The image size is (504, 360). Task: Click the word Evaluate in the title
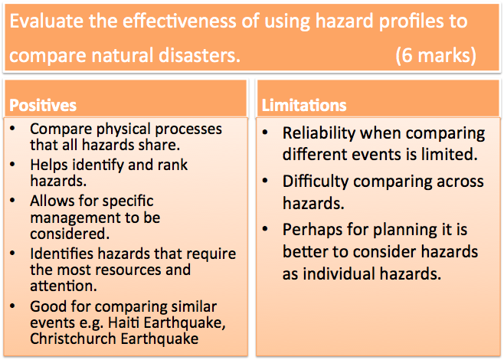point(47,21)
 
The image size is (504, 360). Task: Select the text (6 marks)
point(436,55)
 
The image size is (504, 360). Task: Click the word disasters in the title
point(199,54)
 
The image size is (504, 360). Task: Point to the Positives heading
point(43,105)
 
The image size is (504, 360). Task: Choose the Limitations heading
point(304,105)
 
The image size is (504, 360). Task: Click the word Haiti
point(123,322)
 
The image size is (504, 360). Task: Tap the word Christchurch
point(73,339)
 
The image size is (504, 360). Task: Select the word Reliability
point(319,133)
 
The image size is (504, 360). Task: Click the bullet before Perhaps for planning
point(265,229)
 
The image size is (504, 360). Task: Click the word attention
point(64,286)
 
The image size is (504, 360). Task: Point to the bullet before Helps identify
point(12,165)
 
